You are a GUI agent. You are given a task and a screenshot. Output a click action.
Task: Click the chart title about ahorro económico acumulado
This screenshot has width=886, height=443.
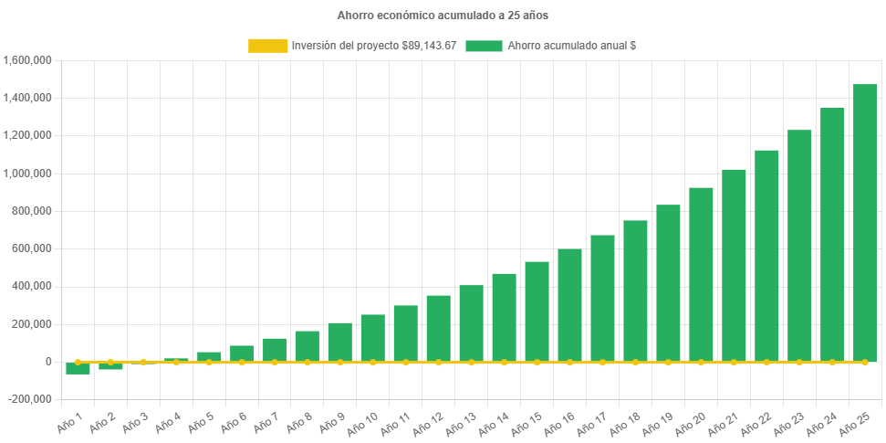coord(443,16)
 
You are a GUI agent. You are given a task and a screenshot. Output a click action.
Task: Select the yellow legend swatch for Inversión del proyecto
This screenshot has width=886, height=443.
coord(266,46)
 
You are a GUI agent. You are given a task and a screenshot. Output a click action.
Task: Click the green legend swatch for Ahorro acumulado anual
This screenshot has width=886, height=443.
coord(484,46)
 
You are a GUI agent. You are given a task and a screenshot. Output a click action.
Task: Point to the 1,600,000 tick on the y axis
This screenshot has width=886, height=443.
coord(27,60)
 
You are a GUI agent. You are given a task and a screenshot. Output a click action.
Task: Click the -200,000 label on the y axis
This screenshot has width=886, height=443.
coord(31,399)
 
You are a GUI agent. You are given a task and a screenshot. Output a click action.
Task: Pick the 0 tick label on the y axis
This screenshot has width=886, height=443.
coord(47,362)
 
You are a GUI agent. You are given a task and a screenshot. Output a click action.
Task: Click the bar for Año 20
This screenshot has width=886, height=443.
coord(701,274)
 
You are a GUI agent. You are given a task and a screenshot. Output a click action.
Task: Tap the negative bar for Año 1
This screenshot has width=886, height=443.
coord(78,369)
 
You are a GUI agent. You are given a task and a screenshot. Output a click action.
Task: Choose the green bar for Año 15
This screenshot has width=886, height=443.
coord(537,311)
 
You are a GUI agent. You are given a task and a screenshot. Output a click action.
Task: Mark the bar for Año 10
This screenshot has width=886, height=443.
coord(372,338)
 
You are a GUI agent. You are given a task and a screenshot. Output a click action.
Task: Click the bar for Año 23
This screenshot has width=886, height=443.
coord(799,246)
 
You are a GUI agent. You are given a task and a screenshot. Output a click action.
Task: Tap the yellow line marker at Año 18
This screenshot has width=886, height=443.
coord(635,363)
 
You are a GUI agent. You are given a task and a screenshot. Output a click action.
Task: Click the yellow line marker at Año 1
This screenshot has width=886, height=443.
coord(78,363)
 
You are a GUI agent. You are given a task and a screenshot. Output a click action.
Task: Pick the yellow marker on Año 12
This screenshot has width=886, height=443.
coord(438,363)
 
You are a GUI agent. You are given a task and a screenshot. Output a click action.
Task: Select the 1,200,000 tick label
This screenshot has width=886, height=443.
coord(27,135)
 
